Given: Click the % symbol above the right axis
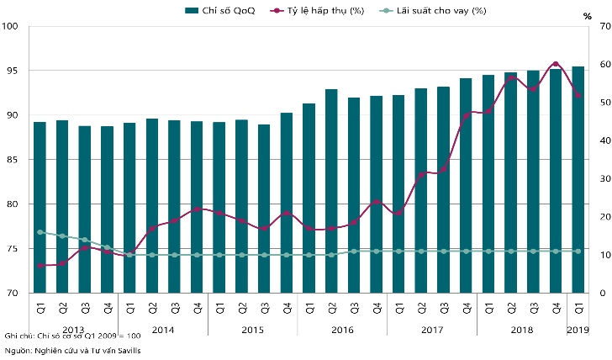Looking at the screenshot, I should click(x=588, y=16).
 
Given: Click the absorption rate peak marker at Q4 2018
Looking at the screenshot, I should click(x=555, y=64).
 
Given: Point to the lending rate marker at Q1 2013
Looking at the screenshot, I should click(x=40, y=232).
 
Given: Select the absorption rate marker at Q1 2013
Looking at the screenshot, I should click(x=40, y=266).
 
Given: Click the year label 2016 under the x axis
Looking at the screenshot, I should click(x=342, y=329).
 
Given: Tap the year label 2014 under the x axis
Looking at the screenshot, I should click(x=163, y=329).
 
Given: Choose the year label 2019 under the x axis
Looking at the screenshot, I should click(x=578, y=329).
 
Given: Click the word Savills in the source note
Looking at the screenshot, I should click(x=128, y=349).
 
